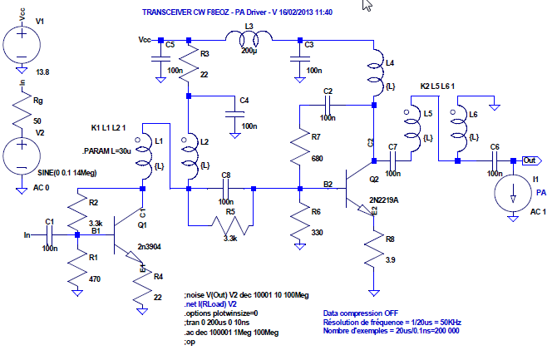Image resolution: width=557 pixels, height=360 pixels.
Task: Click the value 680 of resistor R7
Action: coord(318,157)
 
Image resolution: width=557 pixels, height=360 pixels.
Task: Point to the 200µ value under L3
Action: coord(249,52)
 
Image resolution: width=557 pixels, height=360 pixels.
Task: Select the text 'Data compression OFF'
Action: coord(362,313)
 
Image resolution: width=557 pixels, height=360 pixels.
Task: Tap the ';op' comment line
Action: coord(190,341)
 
